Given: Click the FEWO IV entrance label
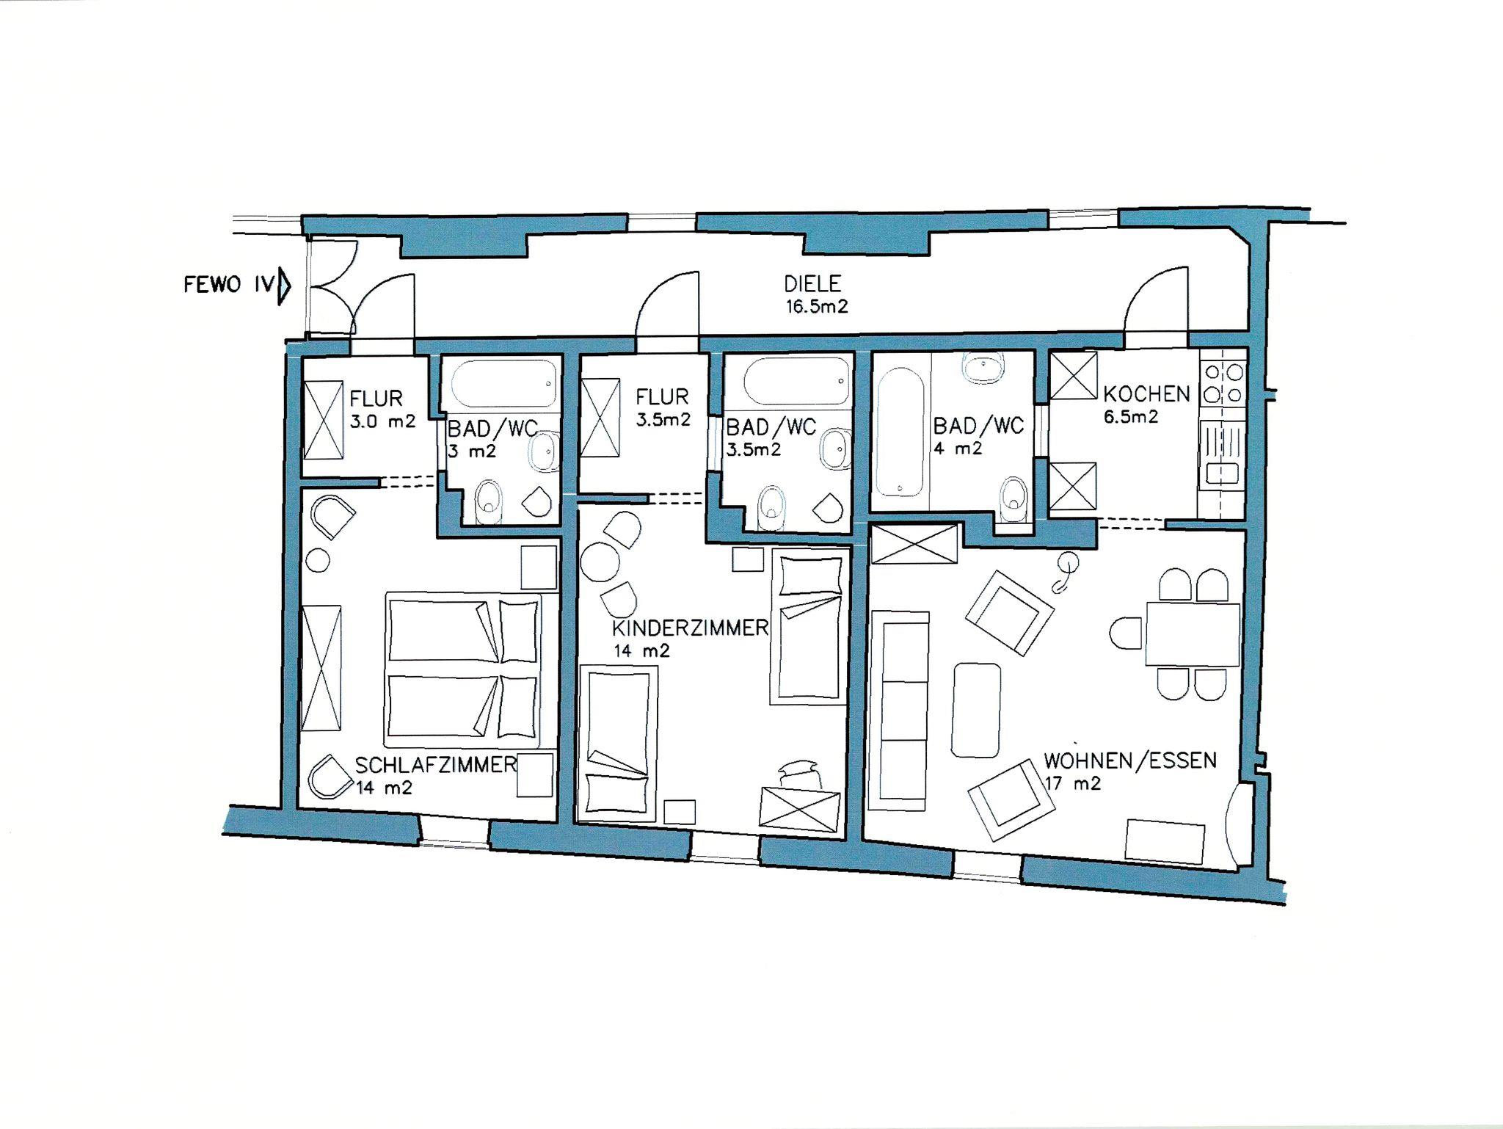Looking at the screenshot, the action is point(228,285).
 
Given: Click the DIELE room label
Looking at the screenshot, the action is point(812,283).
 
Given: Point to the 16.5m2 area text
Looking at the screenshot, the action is point(817,306).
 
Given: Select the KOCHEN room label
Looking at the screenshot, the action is point(1146,394).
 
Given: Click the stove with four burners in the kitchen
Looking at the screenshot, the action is point(1223,385).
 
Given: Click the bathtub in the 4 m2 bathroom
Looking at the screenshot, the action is point(900,432).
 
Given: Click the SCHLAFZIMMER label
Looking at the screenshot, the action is point(436,765).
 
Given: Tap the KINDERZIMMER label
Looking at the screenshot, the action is point(691,628).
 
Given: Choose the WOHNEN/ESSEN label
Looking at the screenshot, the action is point(1130,760).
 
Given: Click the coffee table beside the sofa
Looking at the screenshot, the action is point(976,710).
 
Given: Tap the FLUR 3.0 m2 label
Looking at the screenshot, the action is point(382,410).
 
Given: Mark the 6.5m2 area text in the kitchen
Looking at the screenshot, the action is point(1131,417).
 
